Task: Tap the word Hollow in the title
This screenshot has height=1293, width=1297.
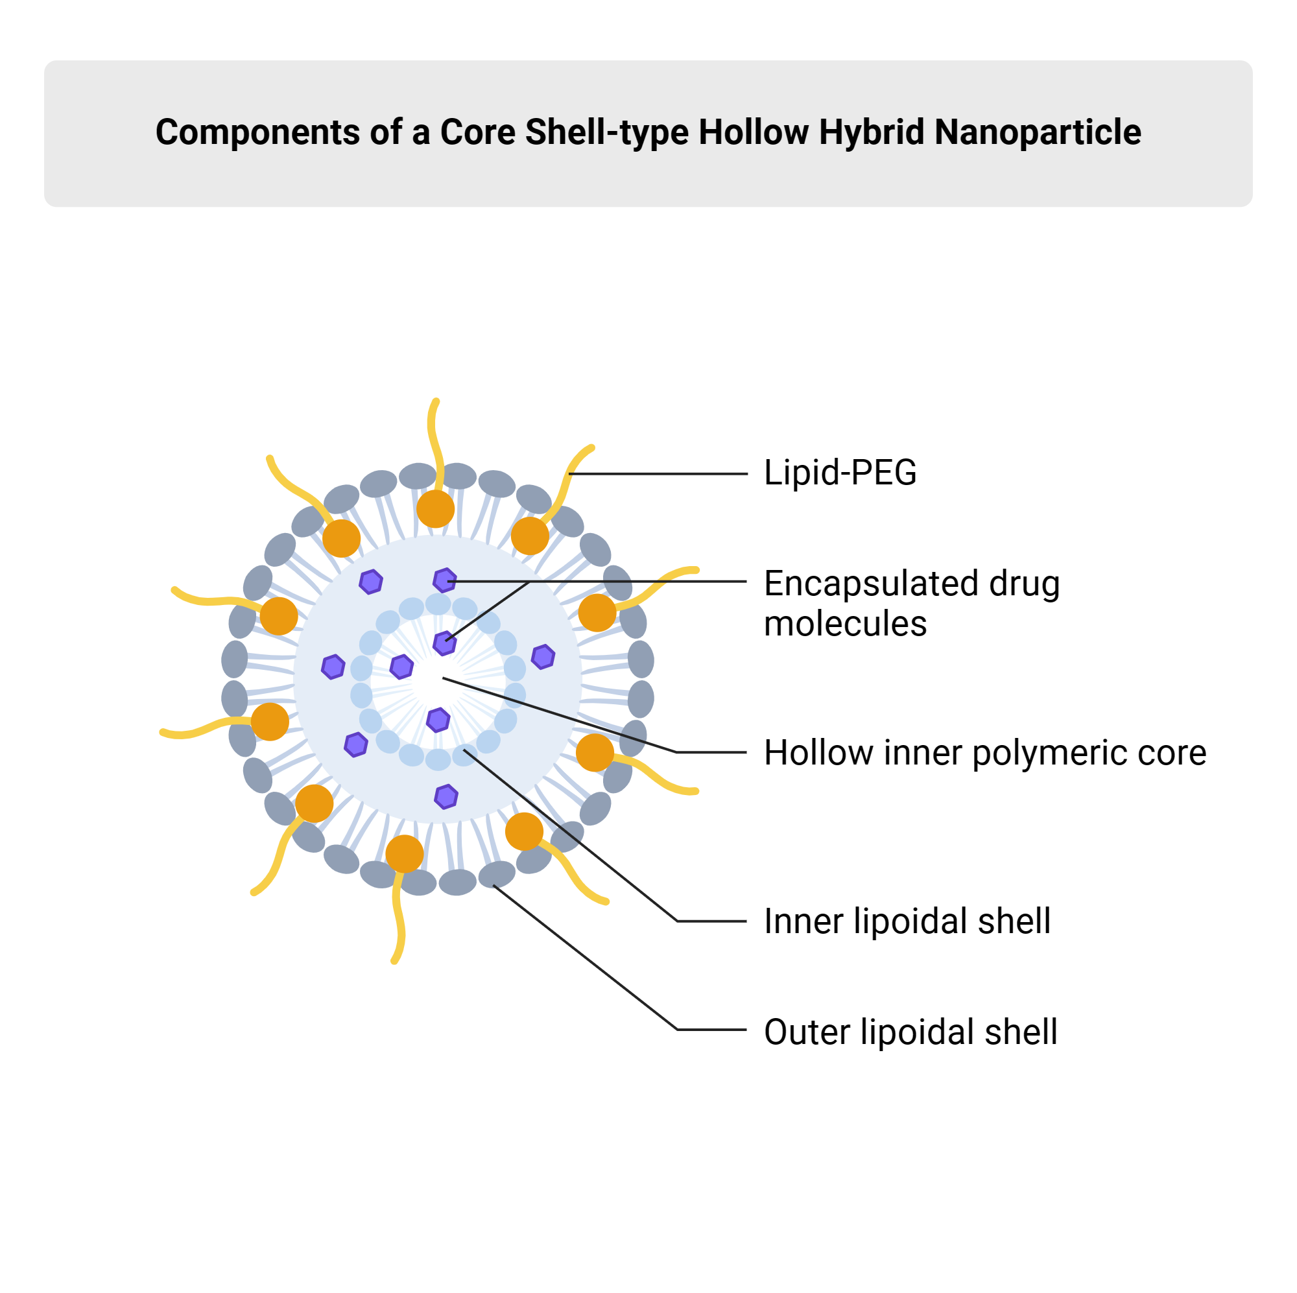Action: coord(753,132)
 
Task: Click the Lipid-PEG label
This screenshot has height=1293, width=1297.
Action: coord(840,472)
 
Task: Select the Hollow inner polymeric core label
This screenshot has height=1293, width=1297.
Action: coord(985,752)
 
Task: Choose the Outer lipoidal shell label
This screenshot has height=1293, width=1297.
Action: coord(910,1031)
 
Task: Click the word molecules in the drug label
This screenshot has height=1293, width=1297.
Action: coord(845,623)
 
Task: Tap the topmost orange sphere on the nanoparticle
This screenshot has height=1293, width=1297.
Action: coord(435,508)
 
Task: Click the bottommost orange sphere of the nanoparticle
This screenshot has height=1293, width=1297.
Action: coord(404,853)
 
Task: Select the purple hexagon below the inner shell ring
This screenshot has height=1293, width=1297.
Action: coord(446,796)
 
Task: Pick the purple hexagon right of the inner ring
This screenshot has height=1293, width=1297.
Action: coord(542,657)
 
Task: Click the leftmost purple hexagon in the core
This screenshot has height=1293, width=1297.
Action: coord(333,667)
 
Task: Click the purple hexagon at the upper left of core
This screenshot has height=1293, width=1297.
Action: coord(370,582)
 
